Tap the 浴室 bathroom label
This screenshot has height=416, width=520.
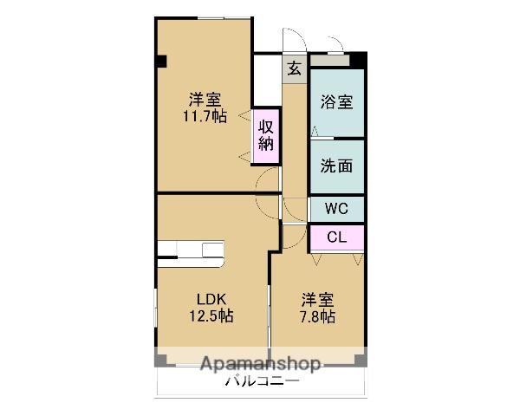pyautogui.click(x=337, y=101)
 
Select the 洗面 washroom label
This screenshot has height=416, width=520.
pyautogui.click(x=337, y=166)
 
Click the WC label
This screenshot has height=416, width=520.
pyautogui.click(x=337, y=208)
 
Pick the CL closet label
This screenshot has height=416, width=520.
pyautogui.click(x=337, y=237)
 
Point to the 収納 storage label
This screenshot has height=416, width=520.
pyautogui.click(x=266, y=135)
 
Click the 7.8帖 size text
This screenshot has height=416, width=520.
pyautogui.click(x=317, y=317)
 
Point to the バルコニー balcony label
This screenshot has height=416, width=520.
pyautogui.click(x=262, y=381)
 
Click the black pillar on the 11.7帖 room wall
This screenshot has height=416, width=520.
pyautogui.click(x=161, y=61)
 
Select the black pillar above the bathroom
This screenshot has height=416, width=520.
pyautogui.click(x=358, y=60)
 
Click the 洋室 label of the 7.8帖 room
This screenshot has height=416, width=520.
pyautogui.click(x=317, y=300)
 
